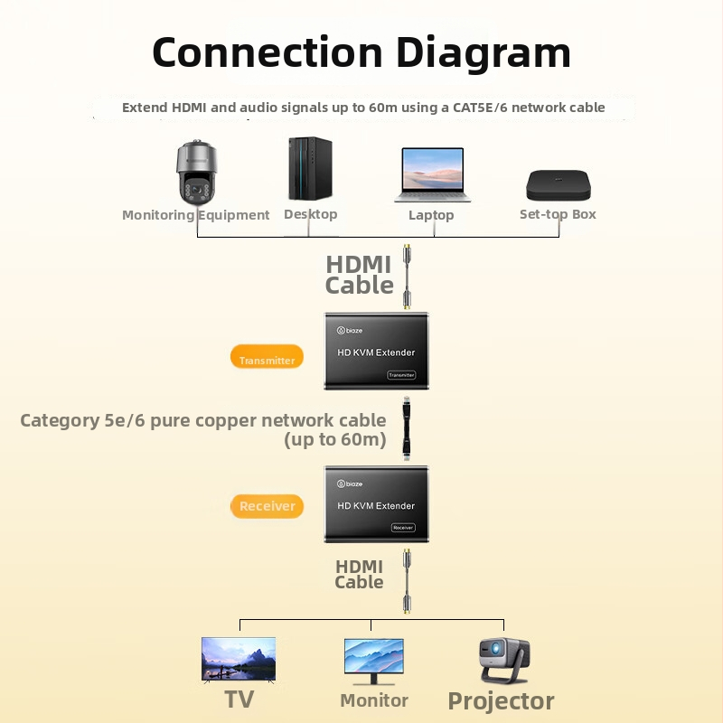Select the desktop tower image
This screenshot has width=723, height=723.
[x=310, y=169]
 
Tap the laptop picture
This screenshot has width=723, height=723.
[x=431, y=175]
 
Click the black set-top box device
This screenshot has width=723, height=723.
[x=559, y=185]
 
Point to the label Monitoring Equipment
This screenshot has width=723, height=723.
[x=195, y=215]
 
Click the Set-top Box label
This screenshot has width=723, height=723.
[x=558, y=214]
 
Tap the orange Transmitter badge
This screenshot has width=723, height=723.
[x=267, y=359]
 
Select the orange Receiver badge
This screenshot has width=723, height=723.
[x=267, y=506]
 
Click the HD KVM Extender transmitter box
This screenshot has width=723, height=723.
[x=376, y=352]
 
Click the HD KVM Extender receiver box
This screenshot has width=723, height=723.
[x=376, y=504]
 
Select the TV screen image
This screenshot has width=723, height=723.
[x=239, y=658]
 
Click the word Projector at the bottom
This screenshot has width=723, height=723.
[x=501, y=701]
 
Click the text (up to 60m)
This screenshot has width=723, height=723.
[x=334, y=440]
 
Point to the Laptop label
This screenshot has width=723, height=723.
[x=431, y=215]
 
